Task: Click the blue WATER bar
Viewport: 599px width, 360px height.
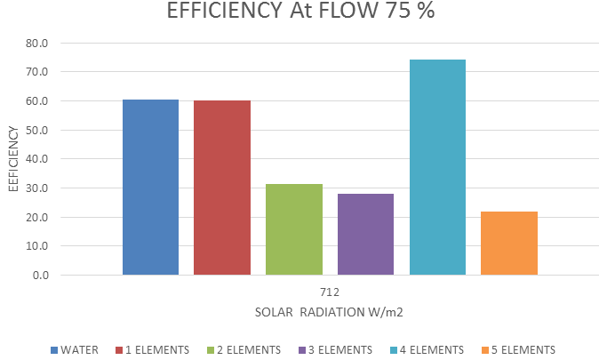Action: pos(150,188)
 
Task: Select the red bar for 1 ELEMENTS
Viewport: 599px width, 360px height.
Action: pos(222,188)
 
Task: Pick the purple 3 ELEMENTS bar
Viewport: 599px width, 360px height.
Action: pos(365,235)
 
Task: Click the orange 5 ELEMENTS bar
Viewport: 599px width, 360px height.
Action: pos(509,243)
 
